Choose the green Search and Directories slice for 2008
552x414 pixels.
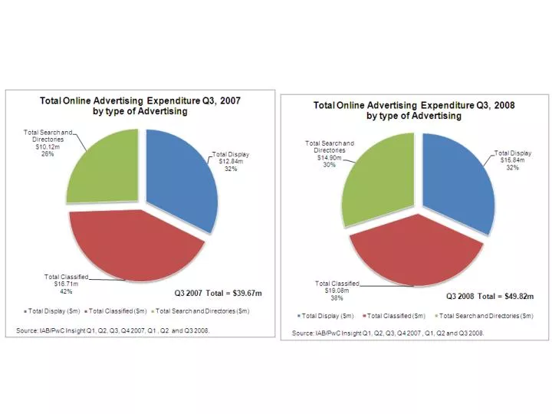pyautogui.click(x=379, y=180)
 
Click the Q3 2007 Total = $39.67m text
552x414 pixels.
pyautogui.click(x=215, y=292)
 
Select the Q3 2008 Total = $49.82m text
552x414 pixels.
pyautogui.click(x=491, y=295)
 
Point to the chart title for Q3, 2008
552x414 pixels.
pyautogui.click(x=413, y=110)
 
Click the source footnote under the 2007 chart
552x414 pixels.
pyautogui.click(x=112, y=330)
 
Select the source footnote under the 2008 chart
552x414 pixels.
pyautogui.click(x=387, y=333)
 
